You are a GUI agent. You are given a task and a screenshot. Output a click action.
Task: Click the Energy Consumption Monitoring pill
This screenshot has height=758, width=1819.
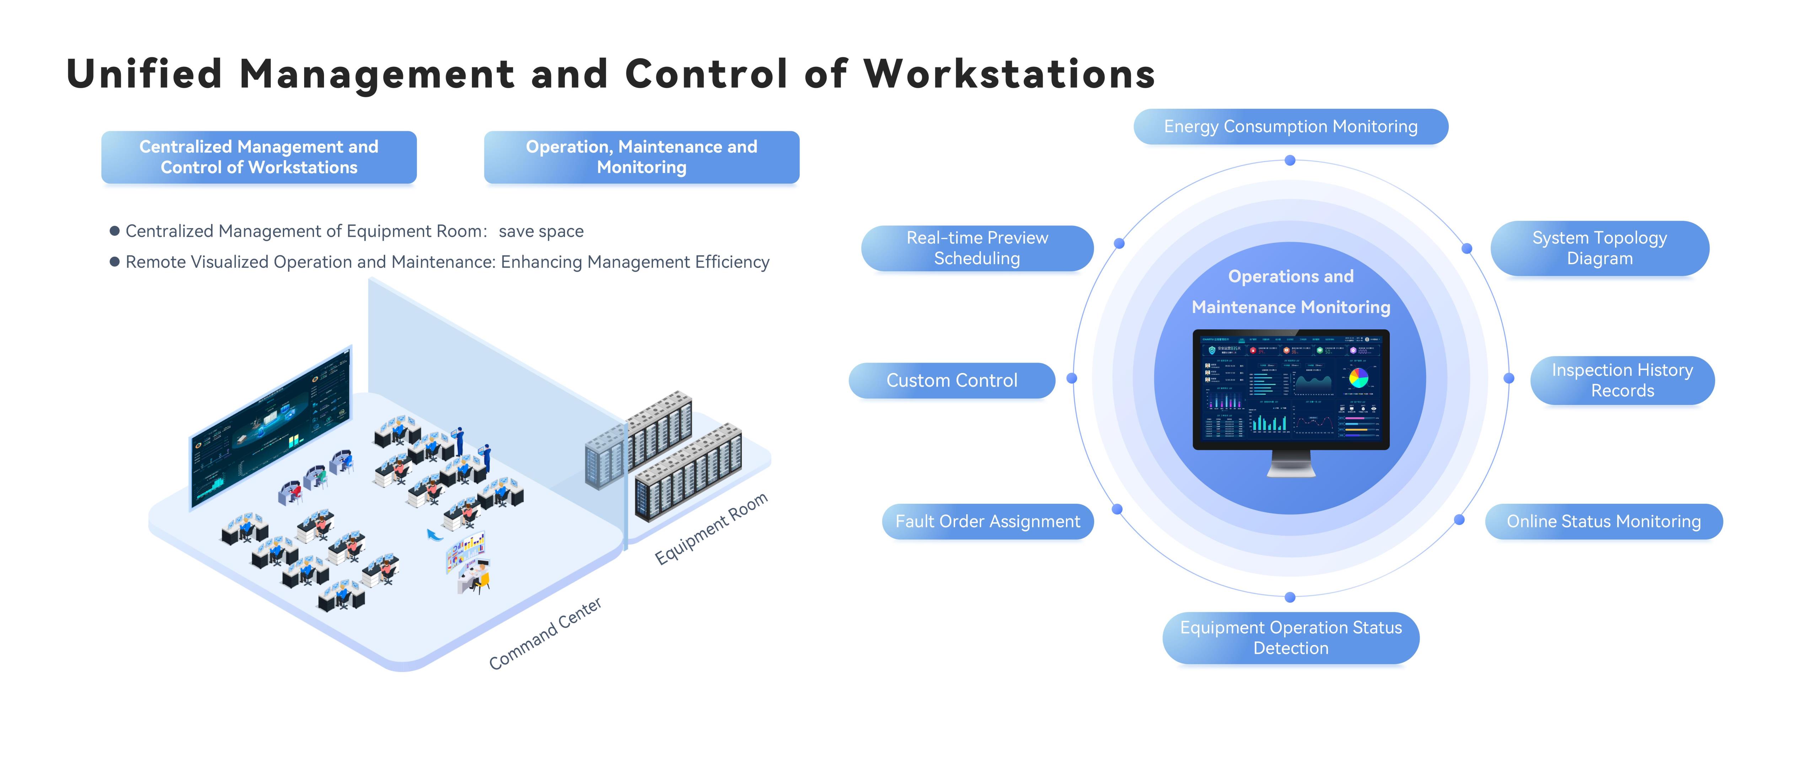[1290, 127]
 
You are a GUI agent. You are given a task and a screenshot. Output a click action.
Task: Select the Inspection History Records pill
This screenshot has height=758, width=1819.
[1622, 380]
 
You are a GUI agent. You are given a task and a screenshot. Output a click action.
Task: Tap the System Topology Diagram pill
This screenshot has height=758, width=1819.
[1599, 248]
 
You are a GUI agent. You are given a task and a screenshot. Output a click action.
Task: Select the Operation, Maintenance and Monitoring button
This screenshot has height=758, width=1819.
[641, 157]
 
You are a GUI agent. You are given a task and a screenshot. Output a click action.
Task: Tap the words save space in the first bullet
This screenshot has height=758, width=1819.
[541, 232]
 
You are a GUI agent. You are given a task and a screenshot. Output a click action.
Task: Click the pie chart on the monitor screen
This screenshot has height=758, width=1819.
[1358, 378]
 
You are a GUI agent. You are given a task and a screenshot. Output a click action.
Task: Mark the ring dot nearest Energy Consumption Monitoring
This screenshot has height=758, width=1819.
[1290, 160]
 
